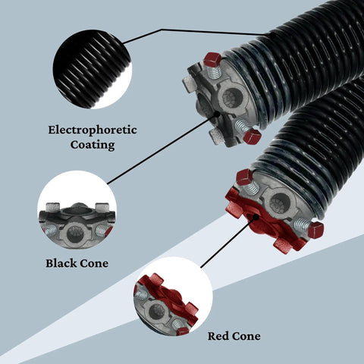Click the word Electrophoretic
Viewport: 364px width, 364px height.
pos(93,130)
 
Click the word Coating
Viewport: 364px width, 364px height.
pos(93,145)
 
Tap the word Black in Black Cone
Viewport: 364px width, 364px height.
pos(61,263)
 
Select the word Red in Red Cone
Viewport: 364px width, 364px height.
pos(218,336)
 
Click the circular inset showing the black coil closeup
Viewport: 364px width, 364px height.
pos(93,69)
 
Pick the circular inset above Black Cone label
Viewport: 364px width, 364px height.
pos(77,210)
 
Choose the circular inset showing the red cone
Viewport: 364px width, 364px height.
pos(173,297)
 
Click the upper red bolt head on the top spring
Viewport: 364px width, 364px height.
pos(212,60)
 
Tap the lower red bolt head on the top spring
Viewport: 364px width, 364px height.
pos(252,136)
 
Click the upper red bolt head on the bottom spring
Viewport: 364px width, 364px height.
pos(244,177)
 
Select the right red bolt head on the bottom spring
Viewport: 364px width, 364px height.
pos(315,230)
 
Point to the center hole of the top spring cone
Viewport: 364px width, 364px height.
pos(233,98)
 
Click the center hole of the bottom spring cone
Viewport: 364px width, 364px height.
pos(279,203)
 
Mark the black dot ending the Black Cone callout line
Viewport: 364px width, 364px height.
pos(217,115)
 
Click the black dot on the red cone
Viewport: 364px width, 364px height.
pos(256,217)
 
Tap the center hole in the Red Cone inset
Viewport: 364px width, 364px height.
pos(156,312)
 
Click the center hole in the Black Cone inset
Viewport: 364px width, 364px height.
pos(75,234)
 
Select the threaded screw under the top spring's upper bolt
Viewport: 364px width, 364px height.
pos(214,72)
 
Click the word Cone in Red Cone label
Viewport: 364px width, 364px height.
pos(246,336)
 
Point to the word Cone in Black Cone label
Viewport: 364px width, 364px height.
pos(94,263)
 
